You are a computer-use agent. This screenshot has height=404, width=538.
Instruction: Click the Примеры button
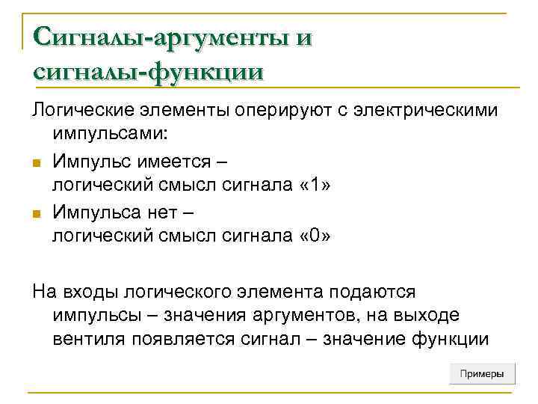tap(482, 373)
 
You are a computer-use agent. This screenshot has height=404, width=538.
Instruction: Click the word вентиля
tap(90, 340)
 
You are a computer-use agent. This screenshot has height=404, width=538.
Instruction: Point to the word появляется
tap(185, 340)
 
